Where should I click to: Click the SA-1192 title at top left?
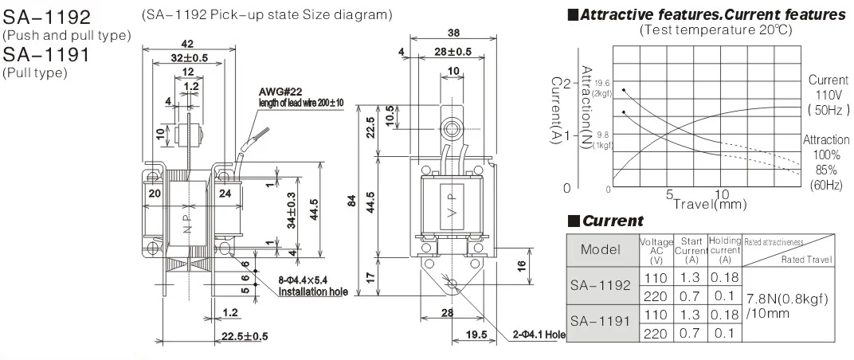pyautogui.click(x=47, y=17)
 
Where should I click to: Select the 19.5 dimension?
pyautogui.click(x=476, y=335)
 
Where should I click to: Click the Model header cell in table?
pyautogui.click(x=600, y=249)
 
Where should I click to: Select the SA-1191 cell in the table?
pyautogui.click(x=600, y=322)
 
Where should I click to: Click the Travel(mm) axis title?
pyautogui.click(x=710, y=203)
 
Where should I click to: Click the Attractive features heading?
pyautogui.click(x=705, y=14)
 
